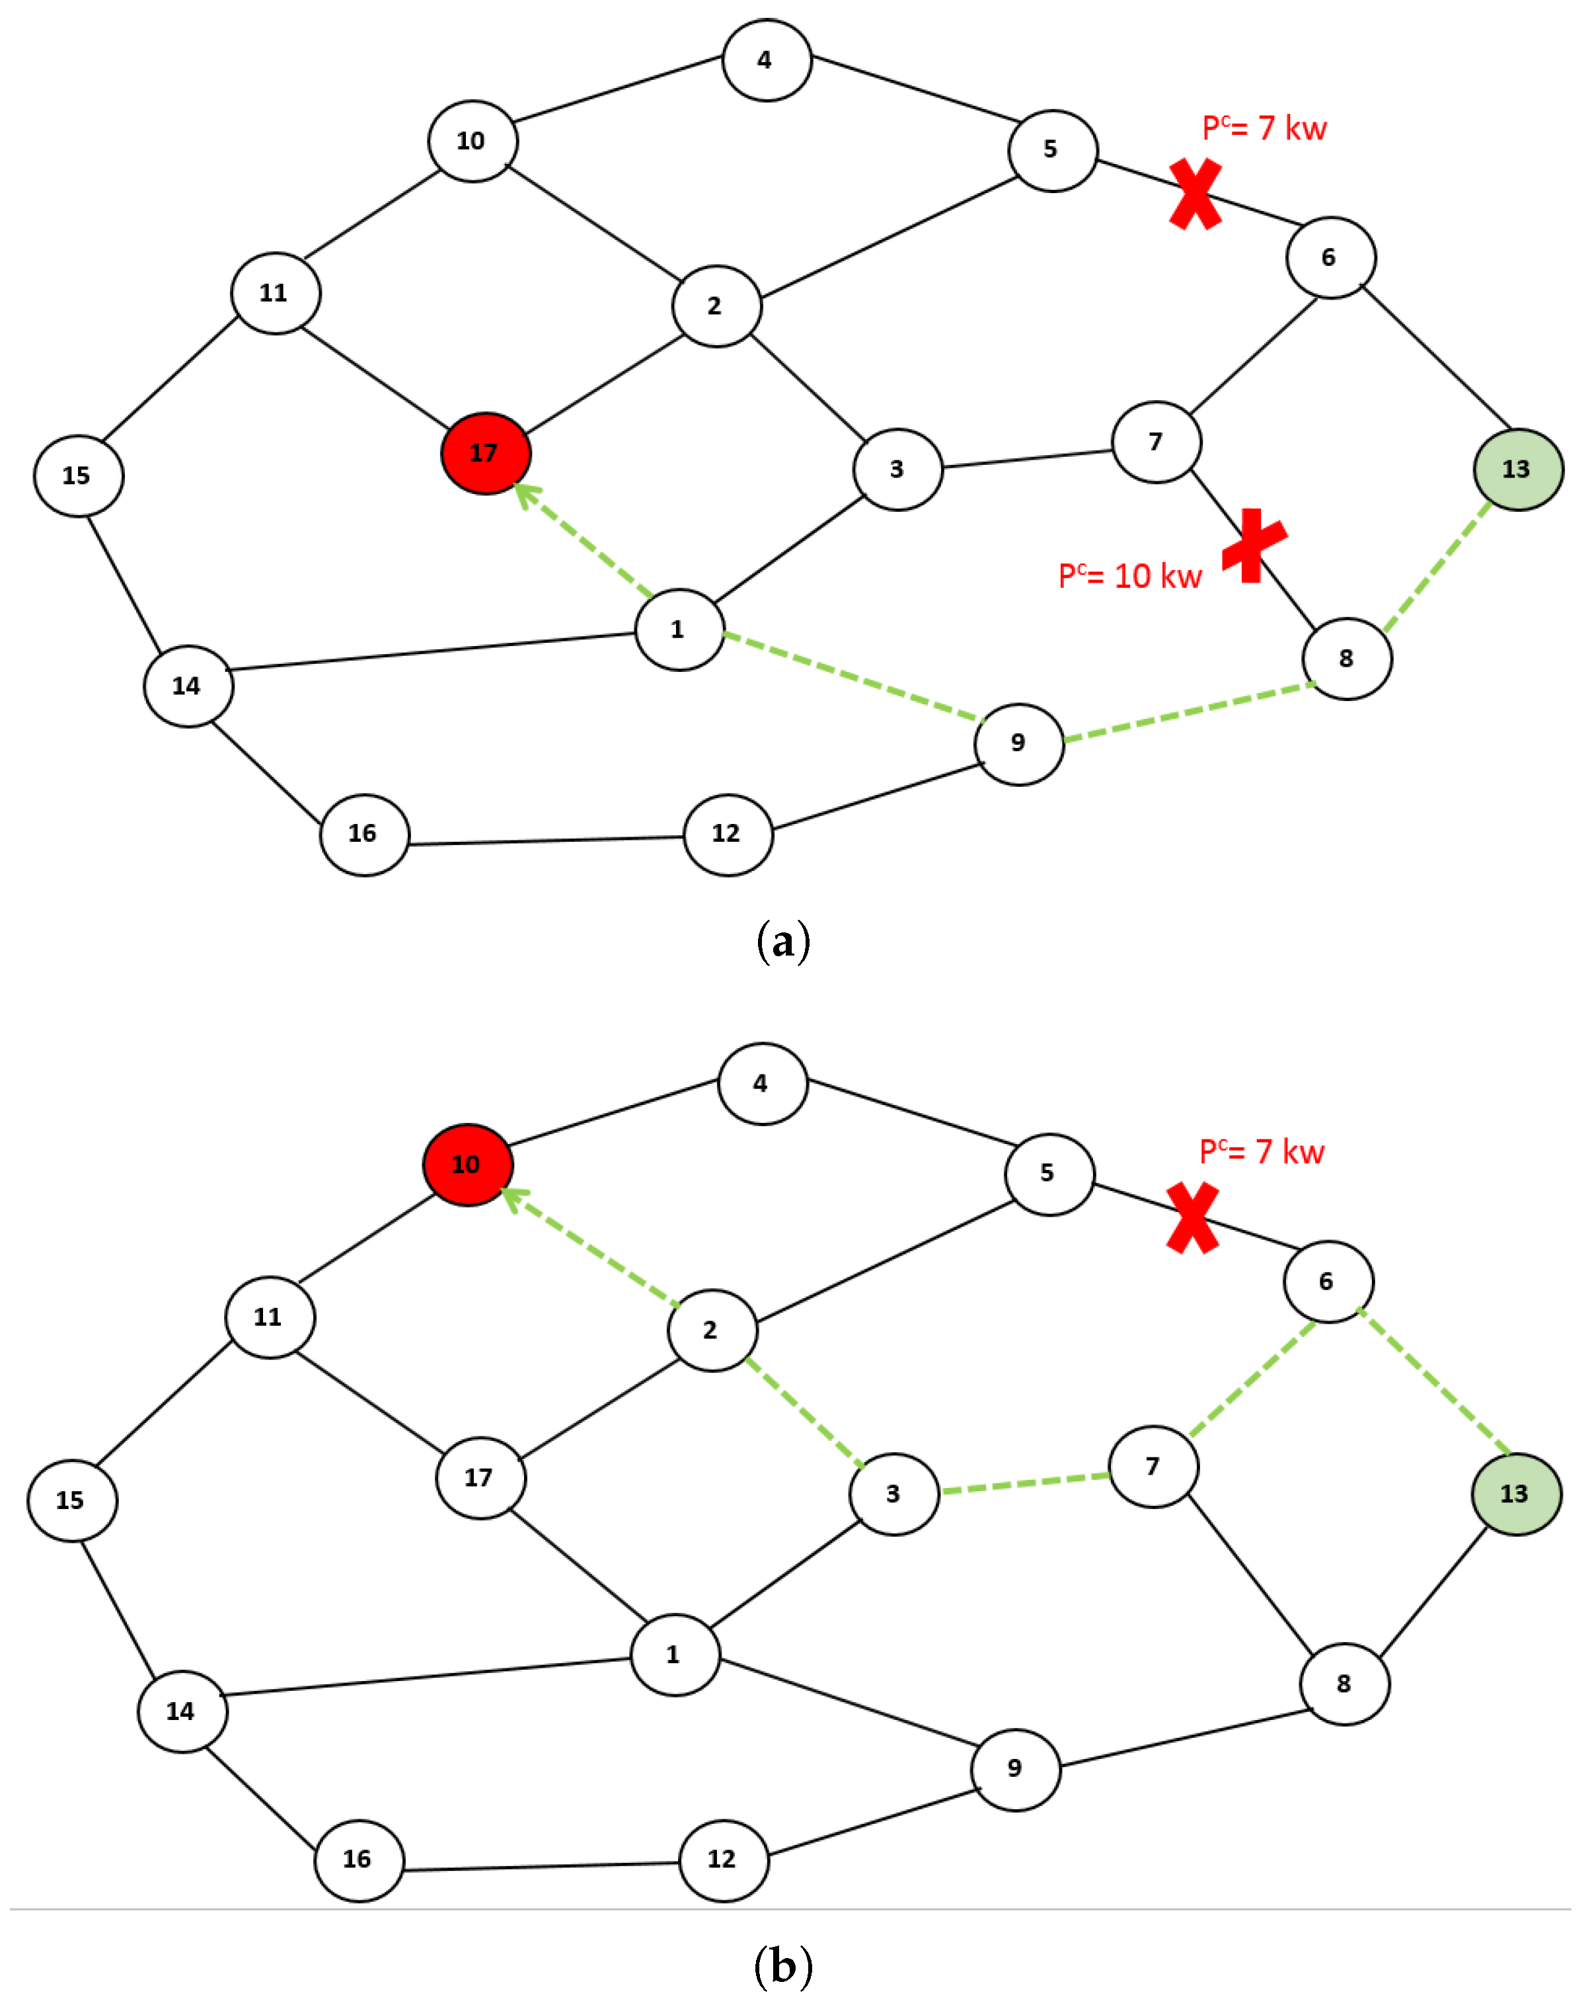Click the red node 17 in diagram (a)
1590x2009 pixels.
485,453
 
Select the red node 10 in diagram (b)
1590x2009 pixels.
467,1165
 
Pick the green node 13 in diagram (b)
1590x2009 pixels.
1515,1494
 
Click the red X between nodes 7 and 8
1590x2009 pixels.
1254,545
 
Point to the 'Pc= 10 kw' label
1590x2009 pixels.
1129,575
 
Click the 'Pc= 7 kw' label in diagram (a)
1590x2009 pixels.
1264,128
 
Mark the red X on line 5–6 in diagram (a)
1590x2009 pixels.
1195,194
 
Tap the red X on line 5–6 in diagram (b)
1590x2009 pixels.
1192,1218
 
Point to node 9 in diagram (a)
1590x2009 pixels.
1018,743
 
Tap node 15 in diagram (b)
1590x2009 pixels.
71,1500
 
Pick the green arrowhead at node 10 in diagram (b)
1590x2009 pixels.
513,1199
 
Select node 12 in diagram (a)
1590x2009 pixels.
727,834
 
